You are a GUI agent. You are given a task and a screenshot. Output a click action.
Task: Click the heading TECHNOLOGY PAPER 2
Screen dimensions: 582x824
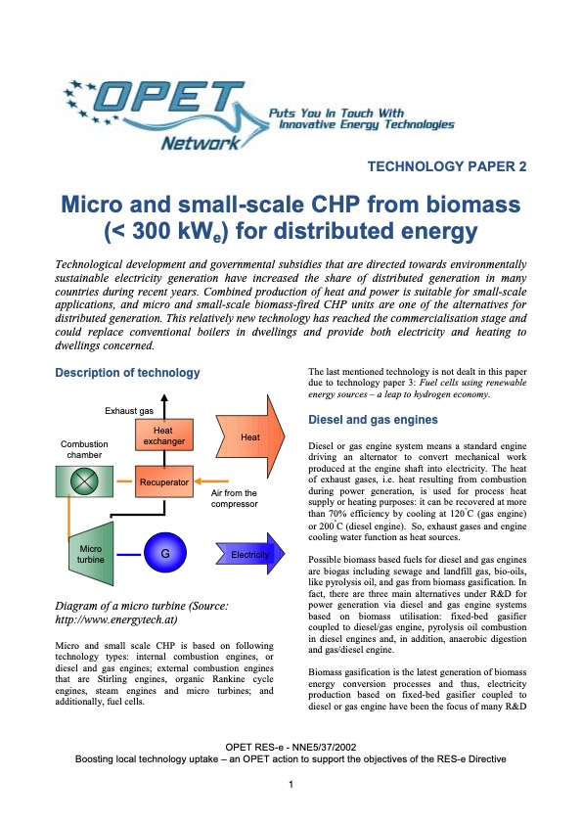[x=446, y=166]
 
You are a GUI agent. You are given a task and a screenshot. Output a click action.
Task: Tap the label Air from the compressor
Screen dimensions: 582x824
[x=234, y=498]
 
